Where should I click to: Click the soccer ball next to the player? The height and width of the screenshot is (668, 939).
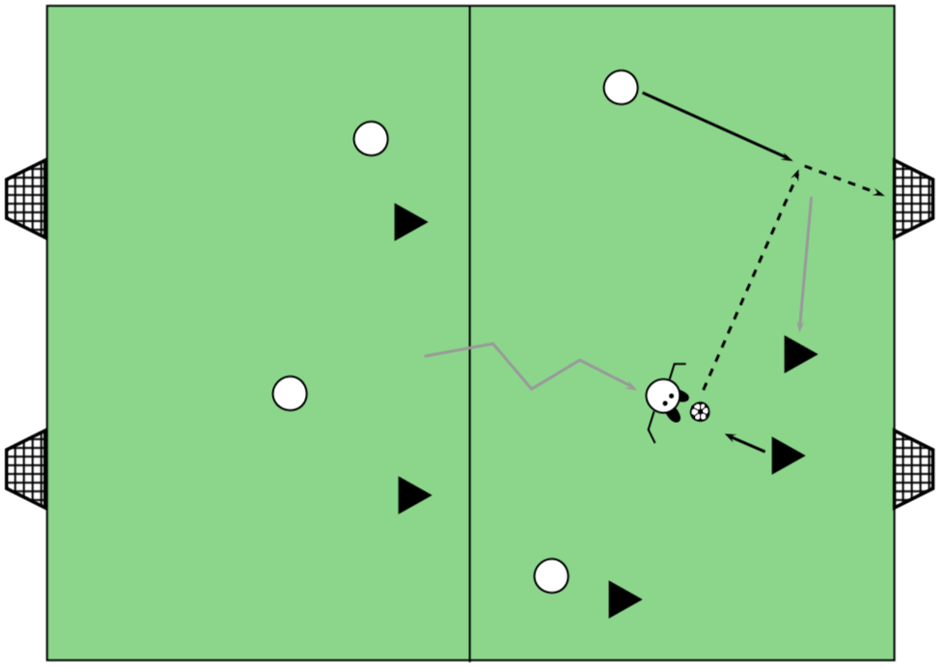[700, 412]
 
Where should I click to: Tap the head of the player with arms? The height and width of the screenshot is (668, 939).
[663, 395]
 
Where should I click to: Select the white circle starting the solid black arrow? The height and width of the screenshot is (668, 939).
[621, 88]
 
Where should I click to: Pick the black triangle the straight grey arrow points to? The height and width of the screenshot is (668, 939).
[798, 354]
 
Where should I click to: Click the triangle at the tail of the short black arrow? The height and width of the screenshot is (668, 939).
[786, 456]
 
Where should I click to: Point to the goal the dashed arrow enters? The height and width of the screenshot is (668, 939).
[912, 199]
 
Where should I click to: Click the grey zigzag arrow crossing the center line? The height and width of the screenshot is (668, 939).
[531, 372]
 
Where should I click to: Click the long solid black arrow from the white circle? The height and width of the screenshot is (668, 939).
[716, 125]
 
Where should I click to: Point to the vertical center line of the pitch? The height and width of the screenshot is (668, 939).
[470, 241]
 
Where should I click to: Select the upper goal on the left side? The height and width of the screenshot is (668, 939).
[27, 199]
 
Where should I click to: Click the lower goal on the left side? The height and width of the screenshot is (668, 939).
[27, 469]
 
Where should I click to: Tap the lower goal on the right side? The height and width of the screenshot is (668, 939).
[912, 469]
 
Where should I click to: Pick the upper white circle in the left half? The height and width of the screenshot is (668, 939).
[371, 139]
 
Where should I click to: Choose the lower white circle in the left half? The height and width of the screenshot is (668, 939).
[290, 394]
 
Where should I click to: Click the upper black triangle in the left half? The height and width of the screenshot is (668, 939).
[408, 222]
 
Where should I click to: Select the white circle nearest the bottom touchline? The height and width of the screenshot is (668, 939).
[551, 575]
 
